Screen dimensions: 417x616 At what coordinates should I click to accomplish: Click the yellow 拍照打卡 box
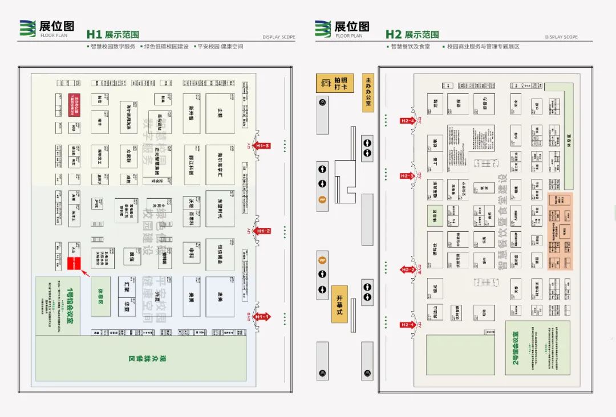pos(335,83)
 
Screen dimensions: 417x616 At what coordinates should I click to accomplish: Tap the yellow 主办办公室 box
pos(368,92)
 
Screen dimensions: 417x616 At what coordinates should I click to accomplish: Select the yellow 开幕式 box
pos(339,304)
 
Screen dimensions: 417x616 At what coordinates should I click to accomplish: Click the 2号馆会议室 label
pos(516,348)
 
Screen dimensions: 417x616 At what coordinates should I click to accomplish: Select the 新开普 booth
pos(192,113)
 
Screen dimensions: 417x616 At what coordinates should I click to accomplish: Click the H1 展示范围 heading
pos(113,35)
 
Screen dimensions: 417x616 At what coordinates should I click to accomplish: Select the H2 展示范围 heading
pos(412,35)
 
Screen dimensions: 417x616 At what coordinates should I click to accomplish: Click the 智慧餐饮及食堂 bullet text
pos(410,47)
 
